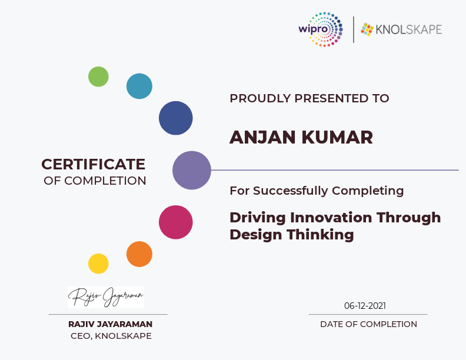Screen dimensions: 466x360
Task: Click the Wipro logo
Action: (321, 29)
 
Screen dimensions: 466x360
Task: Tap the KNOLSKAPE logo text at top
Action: (409, 29)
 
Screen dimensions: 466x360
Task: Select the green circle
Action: (98, 76)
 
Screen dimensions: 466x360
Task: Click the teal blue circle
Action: (139, 86)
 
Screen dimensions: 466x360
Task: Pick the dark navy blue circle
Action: (176, 118)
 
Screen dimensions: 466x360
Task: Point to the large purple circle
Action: (192, 170)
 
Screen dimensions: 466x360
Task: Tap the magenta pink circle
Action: (176, 222)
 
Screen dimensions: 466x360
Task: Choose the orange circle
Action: (139, 254)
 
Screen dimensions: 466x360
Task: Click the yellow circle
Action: (98, 264)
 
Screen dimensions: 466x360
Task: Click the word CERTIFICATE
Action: (94, 164)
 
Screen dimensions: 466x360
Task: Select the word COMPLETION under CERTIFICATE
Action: (105, 181)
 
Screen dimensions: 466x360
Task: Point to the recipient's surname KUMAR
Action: (337, 137)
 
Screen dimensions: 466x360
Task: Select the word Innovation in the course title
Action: (331, 218)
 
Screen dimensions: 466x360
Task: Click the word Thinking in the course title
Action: (320, 235)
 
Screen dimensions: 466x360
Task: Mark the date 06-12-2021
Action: (365, 306)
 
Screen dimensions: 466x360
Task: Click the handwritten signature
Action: (106, 297)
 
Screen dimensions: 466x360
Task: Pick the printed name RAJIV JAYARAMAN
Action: (110, 324)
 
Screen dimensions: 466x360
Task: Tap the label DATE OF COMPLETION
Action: (368, 324)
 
